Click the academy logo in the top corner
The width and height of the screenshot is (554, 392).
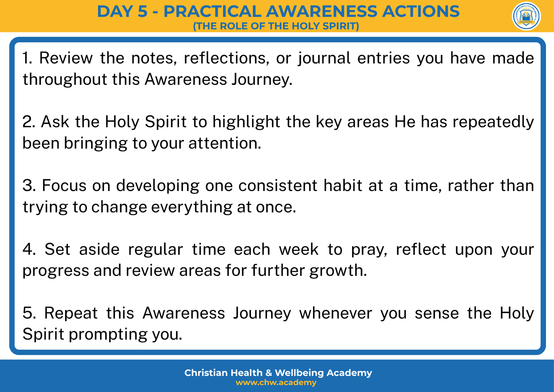tap(526, 16)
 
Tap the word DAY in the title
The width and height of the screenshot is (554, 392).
tap(115, 11)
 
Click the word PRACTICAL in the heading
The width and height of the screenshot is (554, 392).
tap(212, 11)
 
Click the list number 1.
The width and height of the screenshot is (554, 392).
tap(27, 58)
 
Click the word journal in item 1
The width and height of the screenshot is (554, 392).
tap(324, 59)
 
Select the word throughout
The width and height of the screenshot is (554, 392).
tap(65, 80)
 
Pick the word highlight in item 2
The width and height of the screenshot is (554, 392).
tap(246, 122)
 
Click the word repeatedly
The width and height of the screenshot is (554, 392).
tap(493, 122)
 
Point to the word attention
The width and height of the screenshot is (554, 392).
tap(225, 143)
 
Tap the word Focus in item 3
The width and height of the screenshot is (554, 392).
tap(64, 185)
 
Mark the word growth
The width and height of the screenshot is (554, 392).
tap(338, 271)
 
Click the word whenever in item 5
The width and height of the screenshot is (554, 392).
tap(336, 313)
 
